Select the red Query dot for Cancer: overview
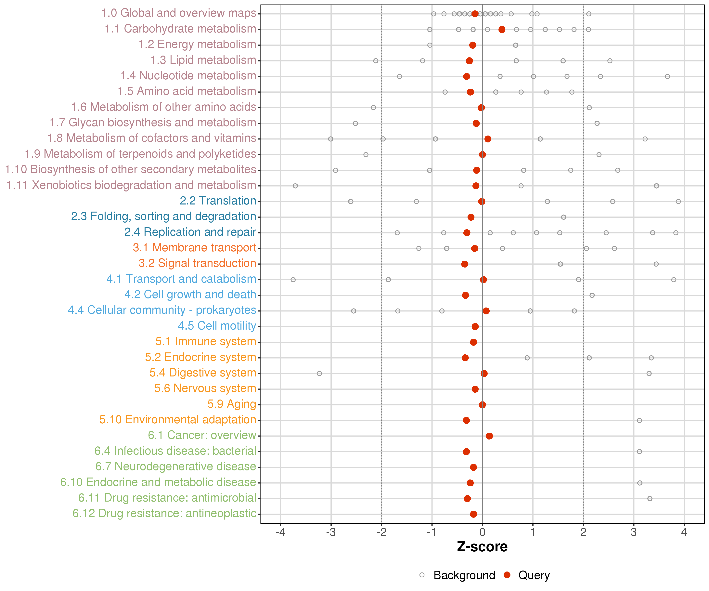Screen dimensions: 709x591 point(489,436)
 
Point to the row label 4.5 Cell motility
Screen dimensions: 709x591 point(217,326)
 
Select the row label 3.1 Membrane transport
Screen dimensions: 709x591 point(194,248)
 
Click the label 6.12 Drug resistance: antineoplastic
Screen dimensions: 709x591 point(164,514)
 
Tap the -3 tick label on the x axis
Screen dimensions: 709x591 point(331,532)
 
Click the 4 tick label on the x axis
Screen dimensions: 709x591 point(684,532)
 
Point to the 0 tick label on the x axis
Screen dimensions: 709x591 point(483,532)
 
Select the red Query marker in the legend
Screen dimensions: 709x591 point(507,575)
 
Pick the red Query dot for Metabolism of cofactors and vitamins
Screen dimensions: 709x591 point(488,139)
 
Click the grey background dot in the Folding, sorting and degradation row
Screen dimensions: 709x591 point(563,217)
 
